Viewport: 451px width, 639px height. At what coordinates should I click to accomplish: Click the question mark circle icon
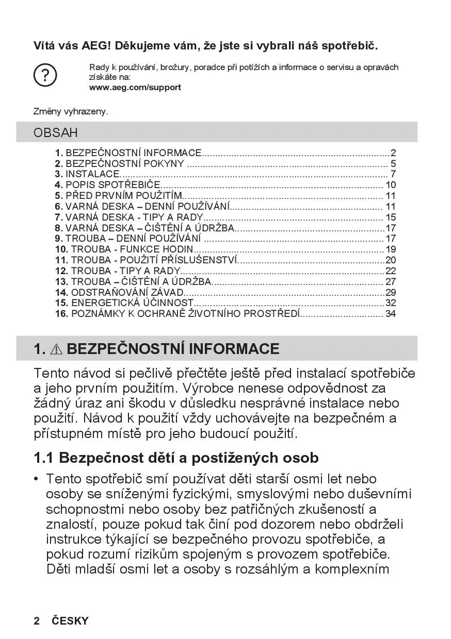(45, 76)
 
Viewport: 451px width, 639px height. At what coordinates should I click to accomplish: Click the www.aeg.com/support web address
(135, 87)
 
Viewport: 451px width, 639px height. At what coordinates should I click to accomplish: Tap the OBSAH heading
(56, 132)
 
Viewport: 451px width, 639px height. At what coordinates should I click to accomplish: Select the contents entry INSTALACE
(92, 174)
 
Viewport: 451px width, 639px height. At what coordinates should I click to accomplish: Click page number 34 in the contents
(391, 313)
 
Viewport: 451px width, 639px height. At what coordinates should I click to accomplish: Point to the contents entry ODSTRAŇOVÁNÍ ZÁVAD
(127, 292)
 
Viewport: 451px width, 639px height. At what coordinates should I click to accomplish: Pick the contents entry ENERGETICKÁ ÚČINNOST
(132, 302)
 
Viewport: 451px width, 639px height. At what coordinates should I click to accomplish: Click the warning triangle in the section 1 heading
(56, 349)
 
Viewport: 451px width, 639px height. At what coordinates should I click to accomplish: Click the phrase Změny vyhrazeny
(71, 111)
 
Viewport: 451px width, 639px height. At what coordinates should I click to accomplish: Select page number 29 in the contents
(391, 292)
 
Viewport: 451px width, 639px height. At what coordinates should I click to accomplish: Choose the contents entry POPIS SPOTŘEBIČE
(113, 185)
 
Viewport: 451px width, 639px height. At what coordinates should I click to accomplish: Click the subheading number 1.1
(44, 458)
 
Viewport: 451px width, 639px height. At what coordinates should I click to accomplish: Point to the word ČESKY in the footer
(70, 621)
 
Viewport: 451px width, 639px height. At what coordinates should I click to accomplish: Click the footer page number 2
(37, 621)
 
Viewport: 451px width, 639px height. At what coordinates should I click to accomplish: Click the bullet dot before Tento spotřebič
(36, 479)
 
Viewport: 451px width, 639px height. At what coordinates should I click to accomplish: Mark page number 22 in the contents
(391, 271)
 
